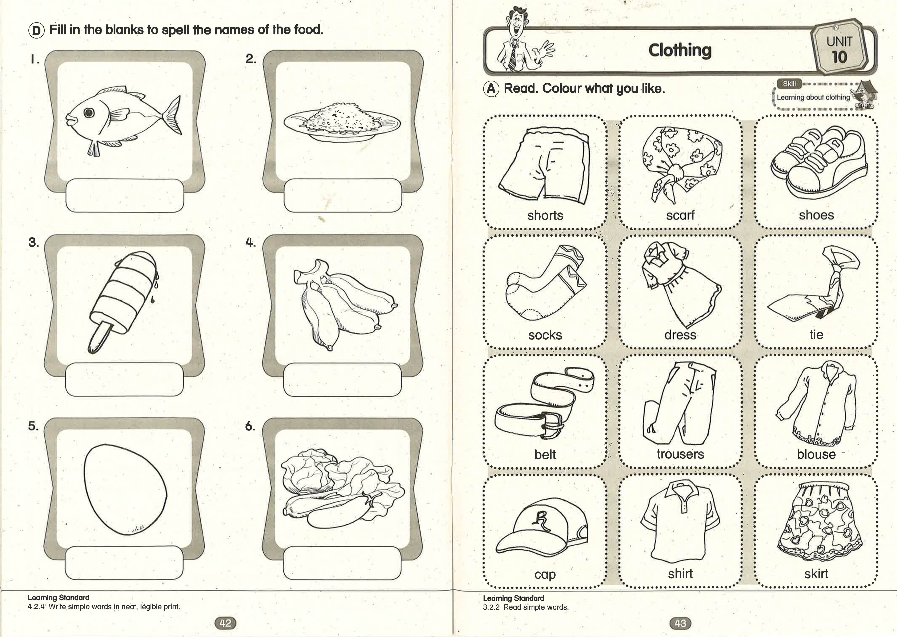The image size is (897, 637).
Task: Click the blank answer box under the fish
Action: [x=125, y=196]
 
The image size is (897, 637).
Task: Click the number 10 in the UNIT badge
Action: [x=839, y=57]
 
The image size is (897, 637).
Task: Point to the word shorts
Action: [x=545, y=215]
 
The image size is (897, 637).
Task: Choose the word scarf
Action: [x=680, y=215]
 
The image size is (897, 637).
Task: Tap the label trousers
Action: [x=680, y=454]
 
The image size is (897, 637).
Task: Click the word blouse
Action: [x=816, y=454]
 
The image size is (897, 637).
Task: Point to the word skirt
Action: [x=816, y=574]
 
